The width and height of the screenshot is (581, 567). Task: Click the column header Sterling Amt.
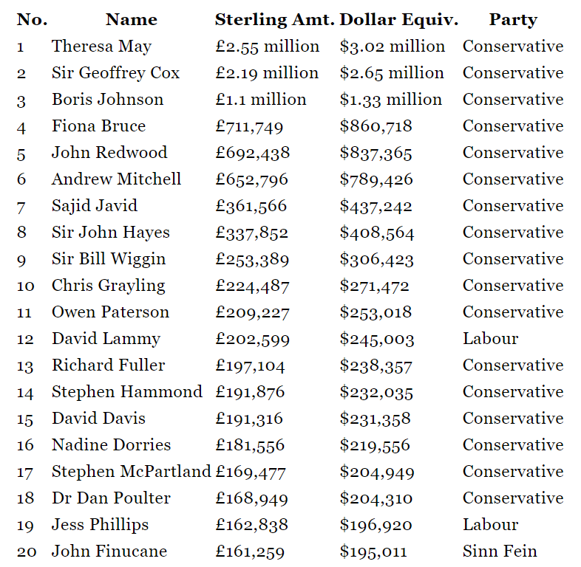pyautogui.click(x=274, y=20)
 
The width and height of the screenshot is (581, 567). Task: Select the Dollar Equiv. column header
pyautogui.click(x=399, y=20)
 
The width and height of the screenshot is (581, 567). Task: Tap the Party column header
pyautogui.click(x=513, y=20)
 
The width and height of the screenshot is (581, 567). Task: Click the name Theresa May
pyautogui.click(x=101, y=47)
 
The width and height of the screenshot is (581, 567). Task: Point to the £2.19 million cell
pyautogui.click(x=267, y=73)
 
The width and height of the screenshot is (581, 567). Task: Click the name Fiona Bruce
pyautogui.click(x=98, y=126)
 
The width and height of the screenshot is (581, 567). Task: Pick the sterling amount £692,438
pyautogui.click(x=253, y=153)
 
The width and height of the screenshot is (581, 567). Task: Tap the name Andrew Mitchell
pyautogui.click(x=116, y=179)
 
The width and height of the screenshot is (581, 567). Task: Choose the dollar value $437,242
pyautogui.click(x=376, y=206)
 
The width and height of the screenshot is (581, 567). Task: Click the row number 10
pyautogui.click(x=24, y=286)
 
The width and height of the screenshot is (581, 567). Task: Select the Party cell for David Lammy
pyautogui.click(x=490, y=339)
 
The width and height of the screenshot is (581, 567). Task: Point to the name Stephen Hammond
pyautogui.click(x=126, y=392)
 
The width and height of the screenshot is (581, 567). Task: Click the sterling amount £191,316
pyautogui.click(x=249, y=419)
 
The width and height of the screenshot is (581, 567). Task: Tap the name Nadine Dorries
pyautogui.click(x=111, y=445)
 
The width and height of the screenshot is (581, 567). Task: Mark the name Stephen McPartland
pyautogui.click(x=131, y=472)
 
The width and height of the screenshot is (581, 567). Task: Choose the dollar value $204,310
pyautogui.click(x=376, y=498)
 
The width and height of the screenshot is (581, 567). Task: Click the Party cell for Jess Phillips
pyautogui.click(x=490, y=525)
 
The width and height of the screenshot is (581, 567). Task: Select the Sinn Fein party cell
pyautogui.click(x=500, y=551)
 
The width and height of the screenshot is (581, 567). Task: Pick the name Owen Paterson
pyautogui.click(x=110, y=312)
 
